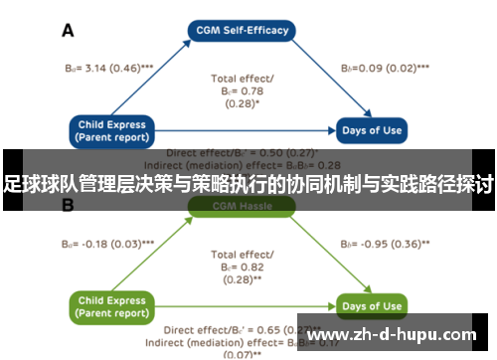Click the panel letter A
69,31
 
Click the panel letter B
69,207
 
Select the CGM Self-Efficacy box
244,30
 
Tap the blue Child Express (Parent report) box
111,130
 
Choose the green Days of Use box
371,305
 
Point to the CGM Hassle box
244,207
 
